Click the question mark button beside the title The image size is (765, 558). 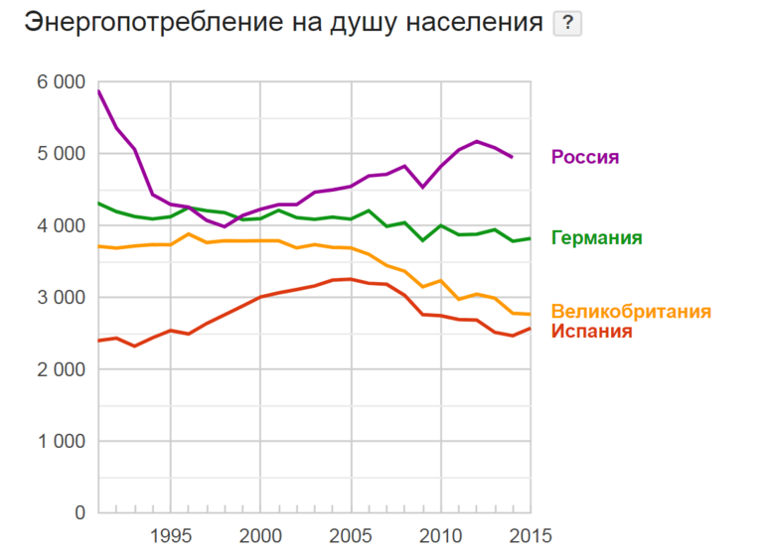[x=567, y=23]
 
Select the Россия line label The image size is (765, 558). [x=585, y=157]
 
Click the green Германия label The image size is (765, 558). [x=596, y=238]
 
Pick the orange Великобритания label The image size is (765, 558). [x=631, y=312]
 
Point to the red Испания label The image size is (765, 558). [x=591, y=332]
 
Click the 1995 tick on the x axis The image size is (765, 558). [x=171, y=536]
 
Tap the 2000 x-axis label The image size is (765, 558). [x=259, y=536]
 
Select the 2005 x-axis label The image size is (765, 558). [x=350, y=536]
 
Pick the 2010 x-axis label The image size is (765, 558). [x=439, y=536]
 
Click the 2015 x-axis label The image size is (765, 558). [x=528, y=536]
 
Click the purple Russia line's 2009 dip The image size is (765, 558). [x=422, y=187]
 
